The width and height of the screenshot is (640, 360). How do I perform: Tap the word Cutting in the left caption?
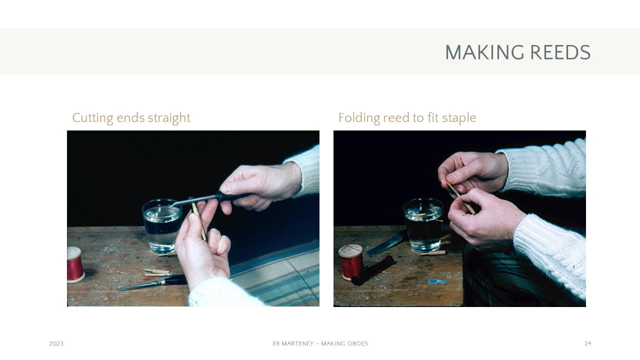[x=92, y=118]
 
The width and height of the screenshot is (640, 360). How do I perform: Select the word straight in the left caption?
[x=173, y=118]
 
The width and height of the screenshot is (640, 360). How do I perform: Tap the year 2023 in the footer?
[x=56, y=343]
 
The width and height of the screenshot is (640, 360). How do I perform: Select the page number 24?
[x=587, y=343]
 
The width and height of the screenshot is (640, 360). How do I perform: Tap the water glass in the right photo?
[x=423, y=225]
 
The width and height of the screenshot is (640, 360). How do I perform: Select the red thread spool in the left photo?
[x=75, y=265]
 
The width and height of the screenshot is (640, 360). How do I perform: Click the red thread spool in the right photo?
[x=351, y=262]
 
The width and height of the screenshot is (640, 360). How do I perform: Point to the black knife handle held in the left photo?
[x=231, y=196]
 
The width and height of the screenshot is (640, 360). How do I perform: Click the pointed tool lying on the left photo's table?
[x=151, y=283]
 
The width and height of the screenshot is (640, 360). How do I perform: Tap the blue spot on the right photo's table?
[x=436, y=281]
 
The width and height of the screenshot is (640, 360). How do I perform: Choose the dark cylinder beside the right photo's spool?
[x=372, y=270]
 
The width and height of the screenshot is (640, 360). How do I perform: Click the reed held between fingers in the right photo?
[x=460, y=197]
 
